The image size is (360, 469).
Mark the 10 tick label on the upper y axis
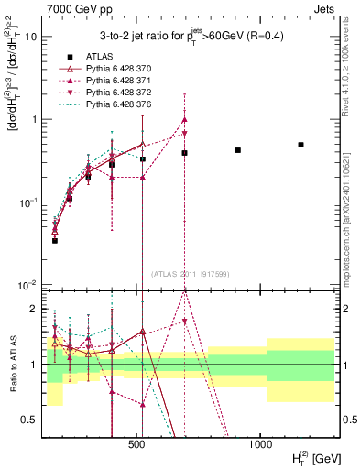pyautogui.click(x=31, y=37)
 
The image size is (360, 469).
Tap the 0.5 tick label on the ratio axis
pyautogui.click(x=31, y=420)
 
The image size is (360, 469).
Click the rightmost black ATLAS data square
pyautogui.click(x=300, y=145)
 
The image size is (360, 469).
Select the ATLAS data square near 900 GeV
pyautogui.click(x=238, y=150)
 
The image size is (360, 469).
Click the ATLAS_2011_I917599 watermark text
pyautogui.click(x=189, y=274)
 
